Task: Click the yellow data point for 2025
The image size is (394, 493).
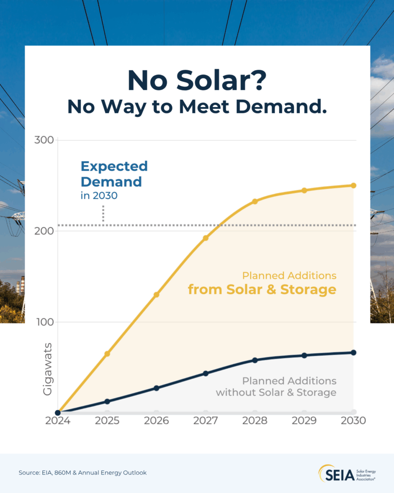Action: (x=107, y=354)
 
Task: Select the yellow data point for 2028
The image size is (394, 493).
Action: (x=255, y=201)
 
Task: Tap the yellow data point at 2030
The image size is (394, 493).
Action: (x=353, y=185)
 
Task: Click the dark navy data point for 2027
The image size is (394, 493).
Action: (x=205, y=373)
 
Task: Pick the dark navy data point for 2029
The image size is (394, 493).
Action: (x=304, y=355)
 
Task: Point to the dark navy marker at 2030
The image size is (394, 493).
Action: (x=353, y=352)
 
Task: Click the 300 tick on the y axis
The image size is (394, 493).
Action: (x=45, y=140)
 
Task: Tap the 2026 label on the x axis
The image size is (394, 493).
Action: (x=156, y=421)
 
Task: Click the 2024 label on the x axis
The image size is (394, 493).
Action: (x=58, y=421)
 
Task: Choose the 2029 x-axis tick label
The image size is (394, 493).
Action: (x=304, y=421)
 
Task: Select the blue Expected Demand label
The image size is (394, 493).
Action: (x=114, y=174)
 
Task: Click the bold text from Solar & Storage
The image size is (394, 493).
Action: (x=262, y=290)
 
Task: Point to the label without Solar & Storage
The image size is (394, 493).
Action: (x=276, y=392)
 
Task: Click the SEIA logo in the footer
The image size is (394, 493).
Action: (x=345, y=473)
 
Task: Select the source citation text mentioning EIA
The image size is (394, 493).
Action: (x=82, y=473)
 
